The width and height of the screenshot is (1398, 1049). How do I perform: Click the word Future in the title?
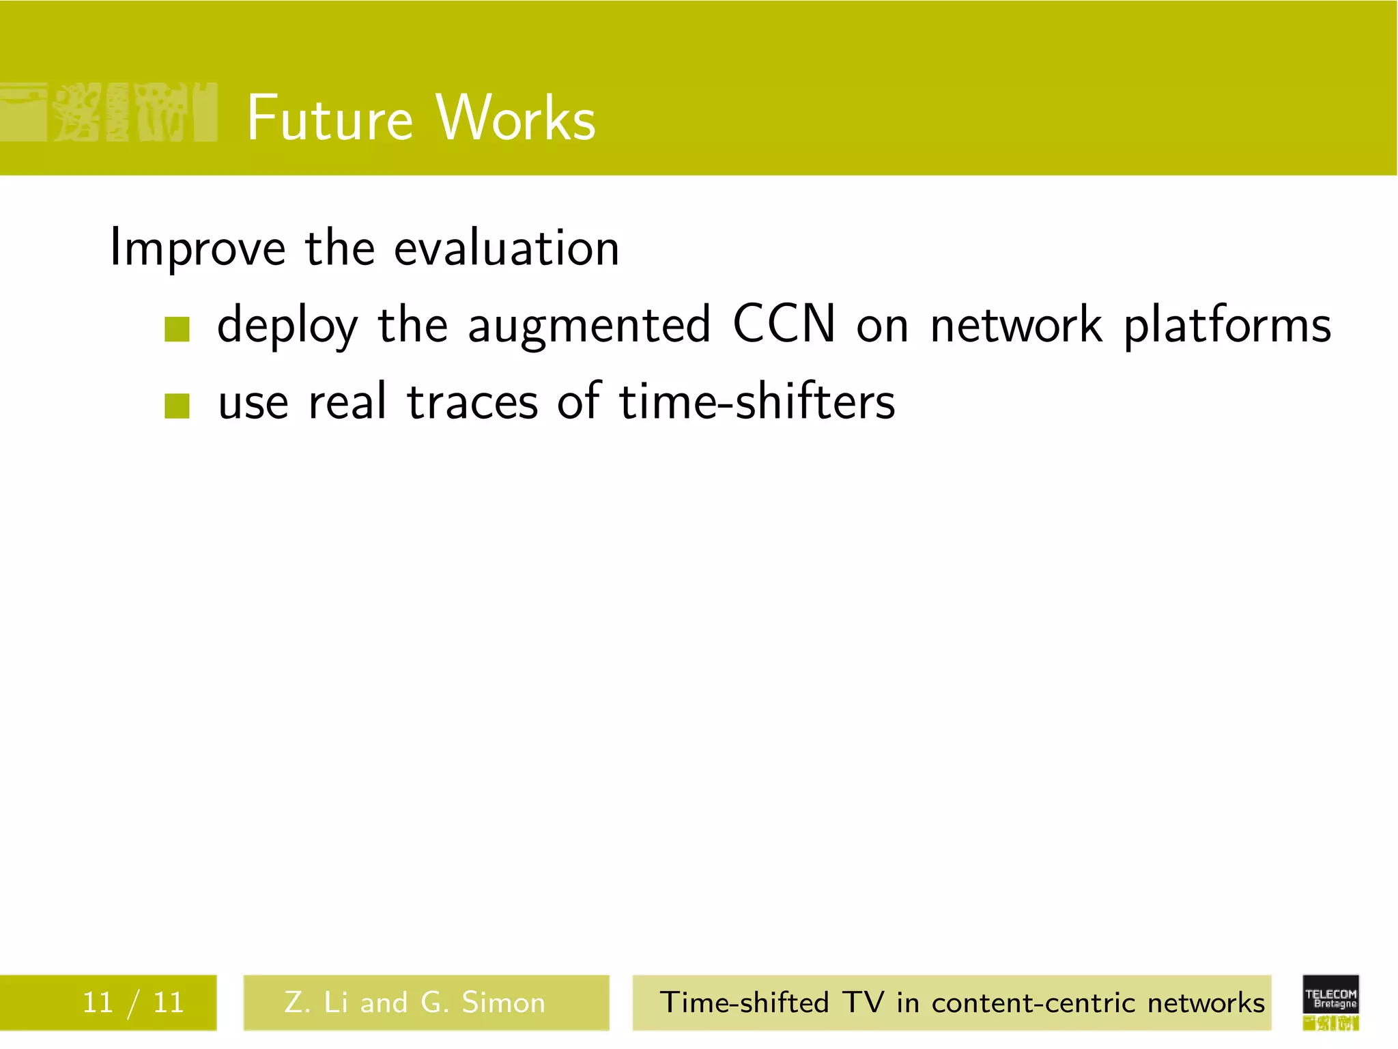(330, 119)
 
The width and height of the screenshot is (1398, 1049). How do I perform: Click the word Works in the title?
(516, 119)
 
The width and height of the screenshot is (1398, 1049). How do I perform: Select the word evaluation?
(507, 249)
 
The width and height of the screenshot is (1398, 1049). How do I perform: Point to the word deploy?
(287, 326)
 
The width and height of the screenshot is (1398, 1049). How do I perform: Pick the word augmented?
(589, 326)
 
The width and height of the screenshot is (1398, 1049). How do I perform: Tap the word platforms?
(1227, 326)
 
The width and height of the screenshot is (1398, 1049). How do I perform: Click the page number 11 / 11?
(133, 1003)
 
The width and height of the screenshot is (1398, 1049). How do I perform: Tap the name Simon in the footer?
(504, 1003)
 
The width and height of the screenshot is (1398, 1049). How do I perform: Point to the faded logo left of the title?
(109, 113)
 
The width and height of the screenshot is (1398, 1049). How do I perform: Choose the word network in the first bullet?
(1016, 325)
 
